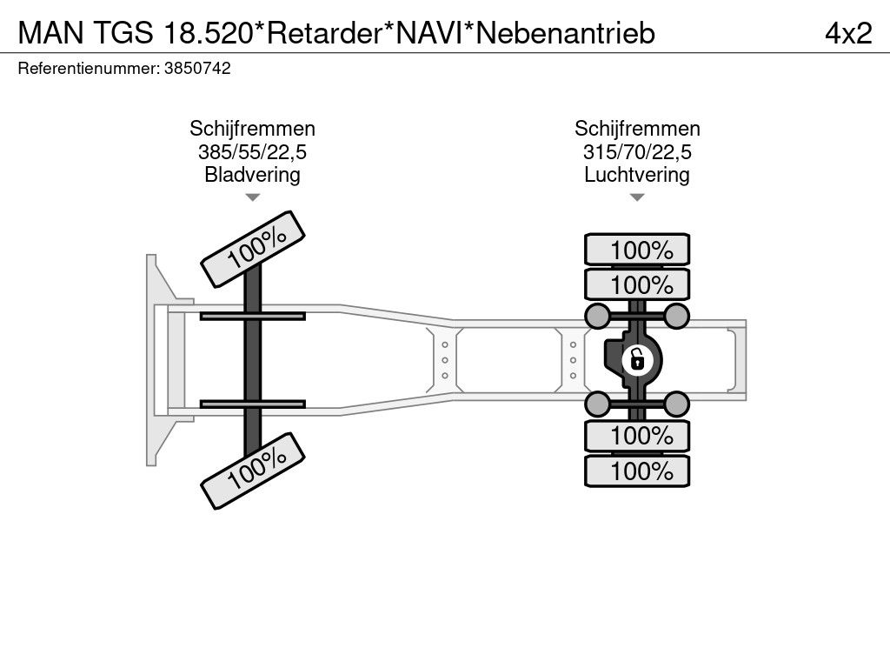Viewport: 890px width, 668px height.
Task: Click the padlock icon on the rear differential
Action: click(x=637, y=358)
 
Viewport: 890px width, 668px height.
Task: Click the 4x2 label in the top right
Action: click(x=847, y=33)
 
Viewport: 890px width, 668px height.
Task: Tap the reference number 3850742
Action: click(x=196, y=69)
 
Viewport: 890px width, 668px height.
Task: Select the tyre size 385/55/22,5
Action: click(x=252, y=152)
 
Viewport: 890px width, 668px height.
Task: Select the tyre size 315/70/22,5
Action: click(x=637, y=152)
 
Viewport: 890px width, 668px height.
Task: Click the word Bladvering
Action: click(x=252, y=175)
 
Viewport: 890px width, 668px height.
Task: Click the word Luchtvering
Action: click(x=637, y=175)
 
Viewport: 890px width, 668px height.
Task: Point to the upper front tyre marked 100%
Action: click(x=254, y=249)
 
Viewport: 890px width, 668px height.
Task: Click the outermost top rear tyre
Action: click(x=637, y=250)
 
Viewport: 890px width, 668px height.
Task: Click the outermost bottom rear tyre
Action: click(x=637, y=471)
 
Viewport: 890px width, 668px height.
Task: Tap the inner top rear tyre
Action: click(x=637, y=284)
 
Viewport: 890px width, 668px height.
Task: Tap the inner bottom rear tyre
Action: click(x=637, y=436)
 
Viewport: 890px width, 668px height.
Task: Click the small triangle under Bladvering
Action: click(x=252, y=198)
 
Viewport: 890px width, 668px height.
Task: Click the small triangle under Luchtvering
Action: click(x=637, y=198)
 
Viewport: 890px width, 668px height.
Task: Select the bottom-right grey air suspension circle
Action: click(x=677, y=403)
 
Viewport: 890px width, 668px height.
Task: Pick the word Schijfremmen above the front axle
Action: click(x=252, y=129)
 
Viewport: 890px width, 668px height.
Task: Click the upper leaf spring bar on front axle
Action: click(x=252, y=316)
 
